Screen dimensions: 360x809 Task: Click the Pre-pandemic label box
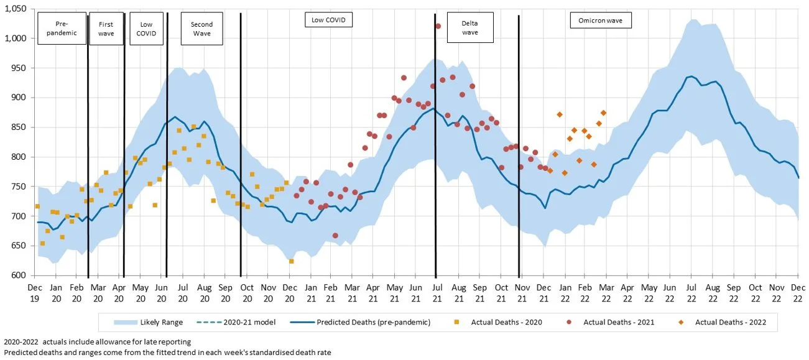click(x=62, y=29)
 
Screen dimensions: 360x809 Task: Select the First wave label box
click(x=106, y=29)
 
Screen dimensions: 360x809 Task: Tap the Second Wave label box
click(x=201, y=29)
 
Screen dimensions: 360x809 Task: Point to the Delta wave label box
click(x=470, y=27)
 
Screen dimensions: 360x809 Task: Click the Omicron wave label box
click(x=601, y=21)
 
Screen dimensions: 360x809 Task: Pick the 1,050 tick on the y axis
click(x=15, y=9)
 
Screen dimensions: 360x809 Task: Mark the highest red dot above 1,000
click(x=438, y=26)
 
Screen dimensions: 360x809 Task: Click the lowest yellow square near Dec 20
click(x=291, y=261)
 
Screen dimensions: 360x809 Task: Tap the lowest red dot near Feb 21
click(x=335, y=236)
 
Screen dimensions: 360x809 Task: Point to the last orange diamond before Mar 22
click(x=603, y=113)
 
